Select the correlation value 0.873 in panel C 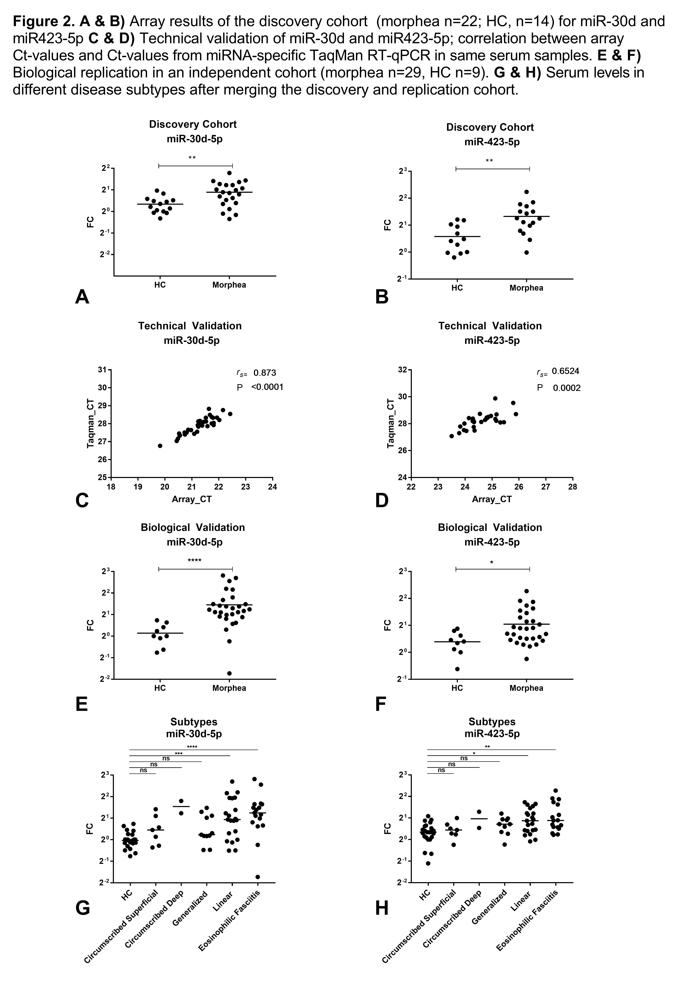pos(265,373)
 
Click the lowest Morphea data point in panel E pos(229,673)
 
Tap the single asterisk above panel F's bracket pos(492,563)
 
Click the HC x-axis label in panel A pos(160,285)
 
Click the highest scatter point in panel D pos(495,398)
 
